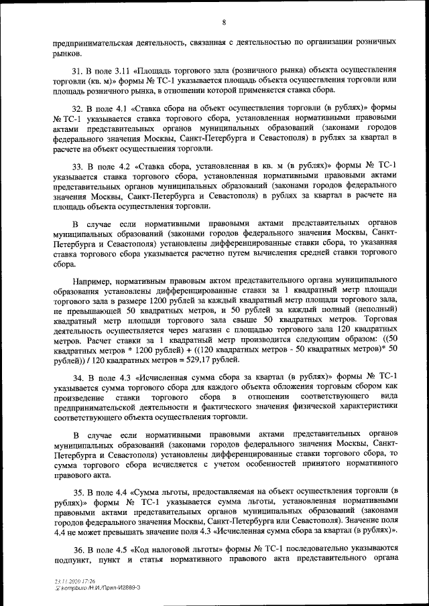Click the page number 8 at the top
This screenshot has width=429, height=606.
224,23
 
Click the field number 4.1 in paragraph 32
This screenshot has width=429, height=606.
117,108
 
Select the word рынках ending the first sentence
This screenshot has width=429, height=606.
68,52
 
